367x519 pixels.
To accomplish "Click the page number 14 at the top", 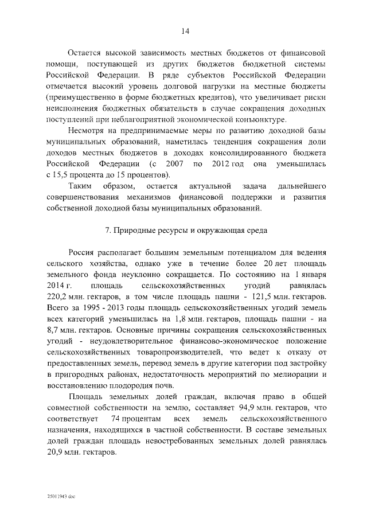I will click(183, 31).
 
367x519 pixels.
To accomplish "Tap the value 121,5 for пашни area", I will click(264, 296).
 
